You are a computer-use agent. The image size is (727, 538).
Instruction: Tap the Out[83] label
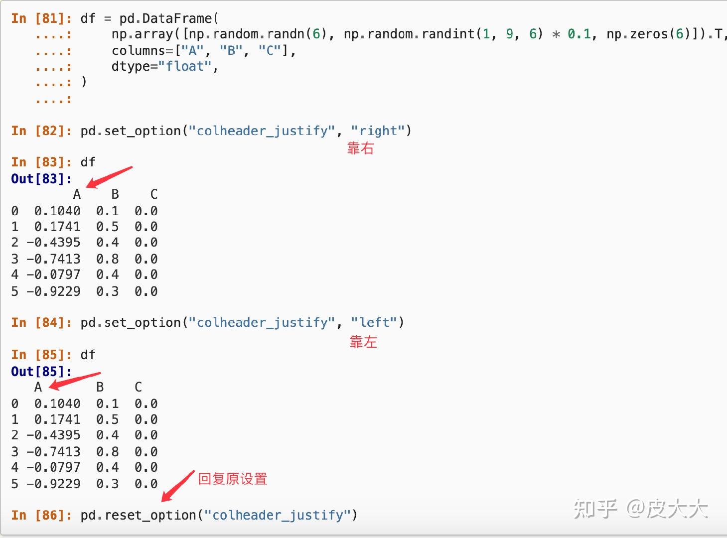click(41, 178)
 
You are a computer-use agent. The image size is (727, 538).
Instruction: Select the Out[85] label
click(41, 371)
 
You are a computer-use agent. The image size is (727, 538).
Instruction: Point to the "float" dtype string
click(185, 66)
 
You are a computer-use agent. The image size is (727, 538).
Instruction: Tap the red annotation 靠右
click(360, 148)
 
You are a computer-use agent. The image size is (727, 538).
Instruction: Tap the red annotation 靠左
click(363, 342)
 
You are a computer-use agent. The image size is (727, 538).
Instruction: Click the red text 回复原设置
click(233, 479)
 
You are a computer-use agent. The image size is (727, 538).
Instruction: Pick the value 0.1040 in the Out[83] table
click(57, 211)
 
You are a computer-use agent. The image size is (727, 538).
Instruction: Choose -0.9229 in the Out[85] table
click(54, 483)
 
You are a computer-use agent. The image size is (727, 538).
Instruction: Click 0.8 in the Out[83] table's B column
click(108, 259)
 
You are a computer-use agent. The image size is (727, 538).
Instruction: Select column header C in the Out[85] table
click(138, 387)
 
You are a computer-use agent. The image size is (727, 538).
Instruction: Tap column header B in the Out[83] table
click(115, 194)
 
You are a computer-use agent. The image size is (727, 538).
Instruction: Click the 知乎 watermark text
click(595, 509)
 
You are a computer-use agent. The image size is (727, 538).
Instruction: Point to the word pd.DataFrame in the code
click(165, 18)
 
